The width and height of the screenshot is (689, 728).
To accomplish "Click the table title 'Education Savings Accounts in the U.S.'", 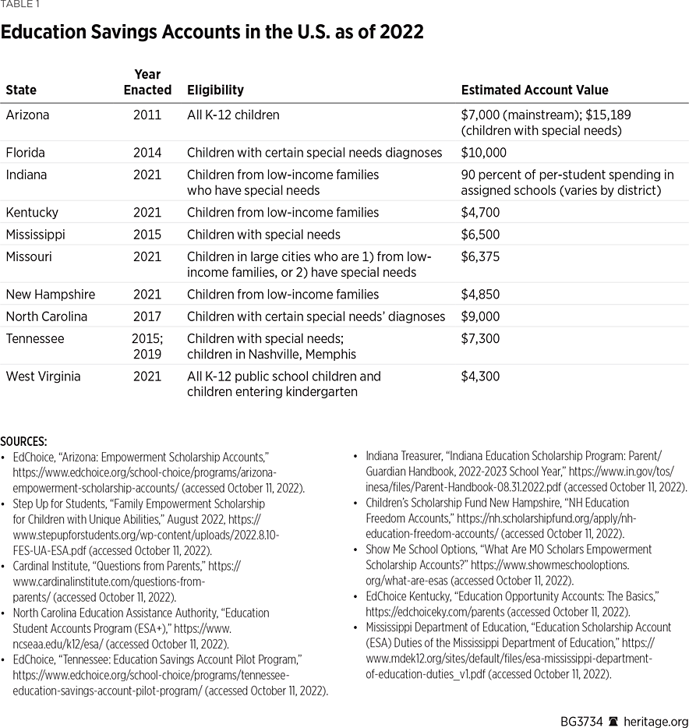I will click(212, 32).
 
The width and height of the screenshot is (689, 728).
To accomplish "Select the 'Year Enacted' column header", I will click(147, 82).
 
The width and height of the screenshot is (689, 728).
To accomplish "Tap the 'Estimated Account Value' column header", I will click(535, 90).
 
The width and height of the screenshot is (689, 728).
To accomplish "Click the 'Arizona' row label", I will click(27, 115).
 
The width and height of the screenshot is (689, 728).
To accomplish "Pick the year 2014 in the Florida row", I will click(147, 153).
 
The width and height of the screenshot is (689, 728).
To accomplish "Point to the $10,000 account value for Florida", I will click(483, 153).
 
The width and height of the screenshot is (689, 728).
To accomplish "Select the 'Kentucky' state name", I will click(31, 212).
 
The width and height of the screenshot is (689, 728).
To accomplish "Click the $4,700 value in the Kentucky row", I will click(479, 212).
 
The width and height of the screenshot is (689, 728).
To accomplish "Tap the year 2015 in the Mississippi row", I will click(147, 235).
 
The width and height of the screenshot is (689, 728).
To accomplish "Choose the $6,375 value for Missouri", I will click(479, 256).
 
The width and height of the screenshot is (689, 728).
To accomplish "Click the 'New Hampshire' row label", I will click(51, 295).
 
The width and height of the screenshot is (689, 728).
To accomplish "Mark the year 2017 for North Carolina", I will click(147, 316).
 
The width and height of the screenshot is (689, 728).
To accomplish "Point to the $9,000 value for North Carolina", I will click(479, 316).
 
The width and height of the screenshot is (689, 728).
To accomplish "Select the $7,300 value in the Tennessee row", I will click(479, 339).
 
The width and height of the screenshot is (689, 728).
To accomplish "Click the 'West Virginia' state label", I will click(44, 376).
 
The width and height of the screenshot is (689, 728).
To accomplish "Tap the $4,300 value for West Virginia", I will click(479, 376).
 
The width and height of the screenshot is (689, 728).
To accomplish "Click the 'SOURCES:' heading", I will click(23, 441).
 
